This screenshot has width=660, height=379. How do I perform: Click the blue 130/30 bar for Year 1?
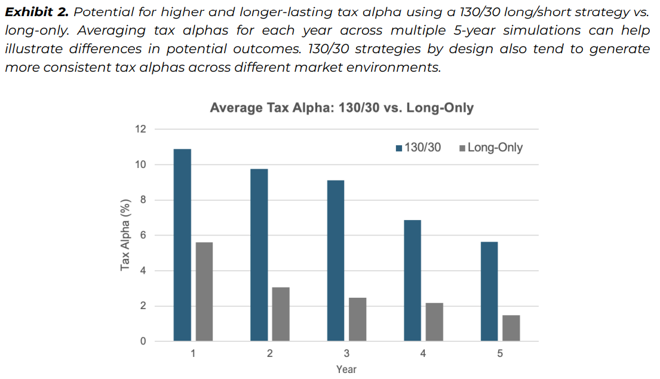(x=182, y=245)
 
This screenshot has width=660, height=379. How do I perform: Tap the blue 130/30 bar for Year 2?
(x=259, y=255)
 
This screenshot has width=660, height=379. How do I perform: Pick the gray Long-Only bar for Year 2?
(x=281, y=314)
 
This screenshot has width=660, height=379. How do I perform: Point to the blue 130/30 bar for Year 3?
(x=336, y=261)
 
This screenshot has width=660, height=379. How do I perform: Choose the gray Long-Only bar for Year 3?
(x=358, y=319)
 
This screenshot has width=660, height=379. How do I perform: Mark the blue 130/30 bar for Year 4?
(x=412, y=281)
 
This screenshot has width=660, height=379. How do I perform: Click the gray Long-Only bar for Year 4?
(x=434, y=322)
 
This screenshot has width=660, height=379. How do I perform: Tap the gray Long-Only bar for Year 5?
(x=511, y=328)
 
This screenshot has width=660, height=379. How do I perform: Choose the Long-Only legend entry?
(x=490, y=147)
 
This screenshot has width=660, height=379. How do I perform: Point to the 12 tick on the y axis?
(x=142, y=129)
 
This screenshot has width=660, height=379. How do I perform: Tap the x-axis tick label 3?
(x=346, y=354)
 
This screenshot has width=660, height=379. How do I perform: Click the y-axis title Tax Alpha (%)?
(x=125, y=235)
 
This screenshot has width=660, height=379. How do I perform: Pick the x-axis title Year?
(x=346, y=369)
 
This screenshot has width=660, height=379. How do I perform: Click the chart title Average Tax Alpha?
(x=342, y=108)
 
